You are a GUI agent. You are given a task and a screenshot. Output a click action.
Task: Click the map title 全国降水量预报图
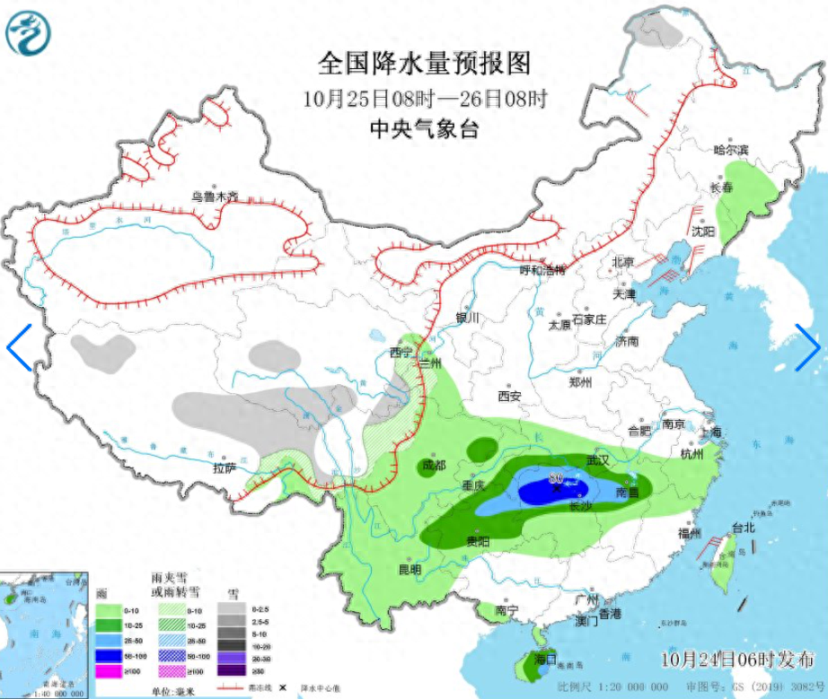[x=425, y=63]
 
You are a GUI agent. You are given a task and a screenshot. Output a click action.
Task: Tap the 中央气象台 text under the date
[x=425, y=129]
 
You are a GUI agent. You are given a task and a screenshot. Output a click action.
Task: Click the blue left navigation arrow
[x=19, y=346]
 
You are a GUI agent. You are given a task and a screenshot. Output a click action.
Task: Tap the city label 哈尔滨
[x=729, y=149]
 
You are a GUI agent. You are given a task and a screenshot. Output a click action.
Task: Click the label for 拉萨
[x=224, y=468]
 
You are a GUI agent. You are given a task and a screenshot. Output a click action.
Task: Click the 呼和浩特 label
[x=544, y=270]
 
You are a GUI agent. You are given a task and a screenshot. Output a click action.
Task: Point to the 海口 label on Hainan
[x=545, y=658]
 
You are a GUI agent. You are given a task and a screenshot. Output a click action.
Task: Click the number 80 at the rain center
[x=555, y=476]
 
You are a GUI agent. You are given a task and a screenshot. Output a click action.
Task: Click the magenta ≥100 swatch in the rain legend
[x=107, y=671]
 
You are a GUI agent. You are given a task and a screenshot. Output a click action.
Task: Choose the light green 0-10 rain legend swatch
[x=107, y=610]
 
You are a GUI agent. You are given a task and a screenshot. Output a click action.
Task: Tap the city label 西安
[x=509, y=396]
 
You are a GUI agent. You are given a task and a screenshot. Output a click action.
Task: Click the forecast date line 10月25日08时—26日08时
[x=425, y=98]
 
